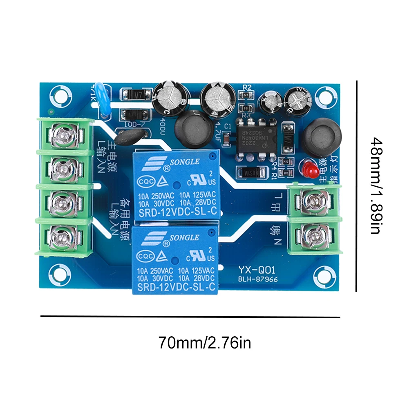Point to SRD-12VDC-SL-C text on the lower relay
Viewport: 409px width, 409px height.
[x=177, y=287]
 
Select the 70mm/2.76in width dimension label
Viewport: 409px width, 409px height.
[x=204, y=342]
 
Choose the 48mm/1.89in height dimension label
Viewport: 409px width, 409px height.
[x=377, y=186]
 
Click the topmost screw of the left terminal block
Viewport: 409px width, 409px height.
[x=65, y=136]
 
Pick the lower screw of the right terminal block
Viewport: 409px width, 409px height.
[x=314, y=235]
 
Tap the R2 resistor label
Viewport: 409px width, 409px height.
[x=246, y=87]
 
